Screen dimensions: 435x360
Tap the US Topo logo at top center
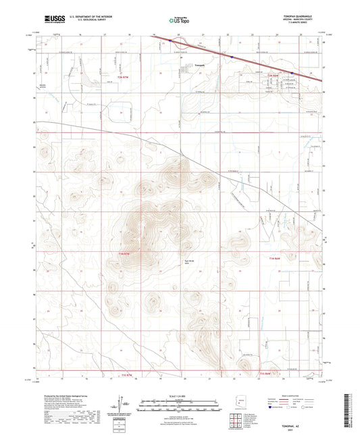pos(179,20)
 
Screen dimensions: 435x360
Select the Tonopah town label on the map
pos(199,65)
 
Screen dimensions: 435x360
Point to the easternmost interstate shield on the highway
pos(292,73)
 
